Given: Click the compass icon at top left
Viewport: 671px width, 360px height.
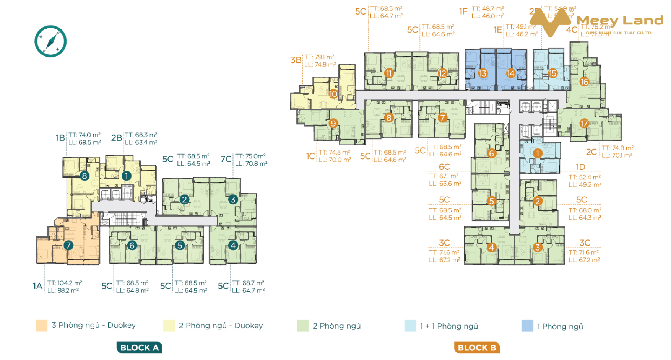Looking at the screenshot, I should [x=50, y=41].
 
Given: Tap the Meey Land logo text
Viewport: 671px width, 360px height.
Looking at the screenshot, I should [x=619, y=20].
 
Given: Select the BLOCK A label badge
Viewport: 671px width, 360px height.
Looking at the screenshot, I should [x=140, y=347].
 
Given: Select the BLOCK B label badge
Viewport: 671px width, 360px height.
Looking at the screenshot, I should [x=477, y=347].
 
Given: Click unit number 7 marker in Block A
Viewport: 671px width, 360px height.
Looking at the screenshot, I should [x=68, y=245].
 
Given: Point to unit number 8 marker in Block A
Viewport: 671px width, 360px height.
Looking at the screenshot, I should [x=84, y=176].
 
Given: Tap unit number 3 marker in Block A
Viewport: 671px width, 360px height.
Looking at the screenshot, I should [x=233, y=199].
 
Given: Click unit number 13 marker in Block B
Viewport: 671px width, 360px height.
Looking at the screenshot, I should [x=483, y=73].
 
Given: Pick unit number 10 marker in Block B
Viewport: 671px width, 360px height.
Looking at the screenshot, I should [x=333, y=94].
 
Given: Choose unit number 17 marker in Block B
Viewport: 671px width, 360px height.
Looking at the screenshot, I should [x=584, y=123].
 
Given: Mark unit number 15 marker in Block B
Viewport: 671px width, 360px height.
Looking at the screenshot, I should [x=552, y=73].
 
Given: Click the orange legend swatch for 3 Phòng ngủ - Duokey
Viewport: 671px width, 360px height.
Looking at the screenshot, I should [x=42, y=326].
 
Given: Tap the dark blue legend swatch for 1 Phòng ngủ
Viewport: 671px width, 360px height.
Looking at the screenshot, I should [x=527, y=326].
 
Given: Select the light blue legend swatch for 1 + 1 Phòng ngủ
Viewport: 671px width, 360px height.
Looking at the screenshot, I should [x=410, y=326].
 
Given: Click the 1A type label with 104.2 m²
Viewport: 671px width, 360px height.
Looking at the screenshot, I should [x=37, y=286].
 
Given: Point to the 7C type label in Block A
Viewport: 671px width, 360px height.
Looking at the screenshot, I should [x=226, y=159].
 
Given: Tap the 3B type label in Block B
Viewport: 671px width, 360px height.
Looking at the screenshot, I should [x=296, y=60].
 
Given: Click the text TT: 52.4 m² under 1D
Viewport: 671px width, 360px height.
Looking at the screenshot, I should [x=584, y=177].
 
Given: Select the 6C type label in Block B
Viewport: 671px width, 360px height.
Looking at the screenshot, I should [x=444, y=167].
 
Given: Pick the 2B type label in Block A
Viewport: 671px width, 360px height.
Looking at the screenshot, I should [x=117, y=138].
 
